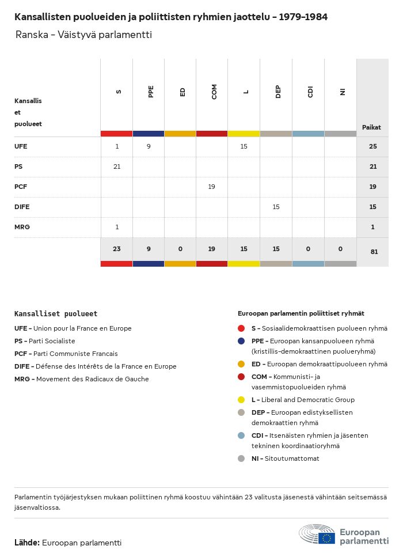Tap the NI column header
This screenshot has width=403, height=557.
tap(342, 92)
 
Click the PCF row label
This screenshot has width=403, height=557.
tap(21, 187)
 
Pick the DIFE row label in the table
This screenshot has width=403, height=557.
tap(22, 207)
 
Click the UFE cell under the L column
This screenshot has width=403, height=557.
tap(244, 146)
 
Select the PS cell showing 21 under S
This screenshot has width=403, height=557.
tap(117, 166)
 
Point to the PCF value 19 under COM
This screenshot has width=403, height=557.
tap(212, 187)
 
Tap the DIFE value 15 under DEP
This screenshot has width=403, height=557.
tap(276, 207)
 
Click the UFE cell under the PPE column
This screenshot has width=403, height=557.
tap(149, 146)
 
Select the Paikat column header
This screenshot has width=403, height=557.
tap(371, 127)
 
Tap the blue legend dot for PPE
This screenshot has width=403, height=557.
tap(241, 341)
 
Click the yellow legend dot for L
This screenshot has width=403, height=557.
tap(241, 400)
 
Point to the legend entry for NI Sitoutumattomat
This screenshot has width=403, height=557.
tap(285, 459)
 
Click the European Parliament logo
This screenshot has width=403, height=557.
tap(343, 535)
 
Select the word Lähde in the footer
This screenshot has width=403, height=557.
tap(26, 543)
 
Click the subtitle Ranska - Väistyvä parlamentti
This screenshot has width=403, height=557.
tap(83, 35)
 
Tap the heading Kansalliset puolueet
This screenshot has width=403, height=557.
tap(56, 314)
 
